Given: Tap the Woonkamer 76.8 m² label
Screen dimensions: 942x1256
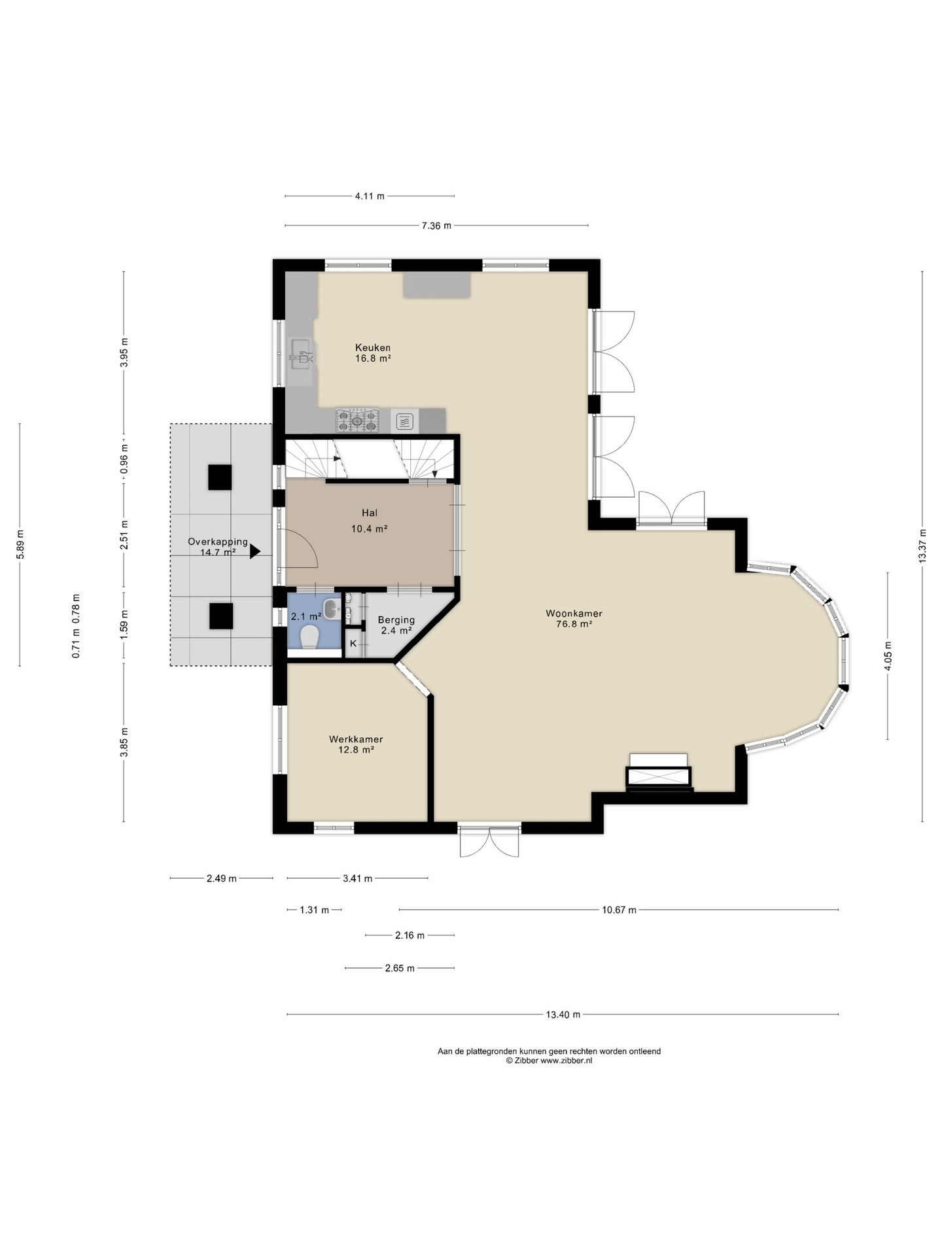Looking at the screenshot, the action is [x=574, y=619].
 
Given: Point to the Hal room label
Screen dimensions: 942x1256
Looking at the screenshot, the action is [x=370, y=513].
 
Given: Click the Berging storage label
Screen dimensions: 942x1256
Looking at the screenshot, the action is [x=396, y=619].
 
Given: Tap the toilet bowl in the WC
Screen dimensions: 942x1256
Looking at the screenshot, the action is [x=308, y=637].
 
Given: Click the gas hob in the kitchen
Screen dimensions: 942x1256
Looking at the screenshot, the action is [x=357, y=421].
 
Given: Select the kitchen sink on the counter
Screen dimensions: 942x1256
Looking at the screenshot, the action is [x=302, y=357].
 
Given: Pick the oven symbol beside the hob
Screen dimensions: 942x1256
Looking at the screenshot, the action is [x=405, y=421].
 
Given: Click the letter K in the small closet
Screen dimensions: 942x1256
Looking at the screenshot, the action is [x=353, y=644].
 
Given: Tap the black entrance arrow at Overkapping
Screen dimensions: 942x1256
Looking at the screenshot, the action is [x=255, y=552].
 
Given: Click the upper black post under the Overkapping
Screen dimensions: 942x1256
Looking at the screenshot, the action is [x=220, y=477].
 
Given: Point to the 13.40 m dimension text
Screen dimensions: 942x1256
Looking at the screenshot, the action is [x=563, y=1015].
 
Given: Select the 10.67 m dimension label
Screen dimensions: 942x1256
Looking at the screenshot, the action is [x=619, y=910].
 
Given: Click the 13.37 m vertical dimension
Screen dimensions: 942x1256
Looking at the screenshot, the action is [x=922, y=546].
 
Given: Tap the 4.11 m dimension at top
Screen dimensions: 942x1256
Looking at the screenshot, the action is [x=370, y=196].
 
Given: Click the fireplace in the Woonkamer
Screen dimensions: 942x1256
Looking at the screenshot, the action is [x=659, y=773].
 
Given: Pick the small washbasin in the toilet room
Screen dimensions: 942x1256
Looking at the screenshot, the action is [x=332, y=609].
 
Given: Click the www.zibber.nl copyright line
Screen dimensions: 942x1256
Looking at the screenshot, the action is [x=549, y=1061].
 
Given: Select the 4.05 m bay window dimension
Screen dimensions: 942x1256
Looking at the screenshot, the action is [x=888, y=656].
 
